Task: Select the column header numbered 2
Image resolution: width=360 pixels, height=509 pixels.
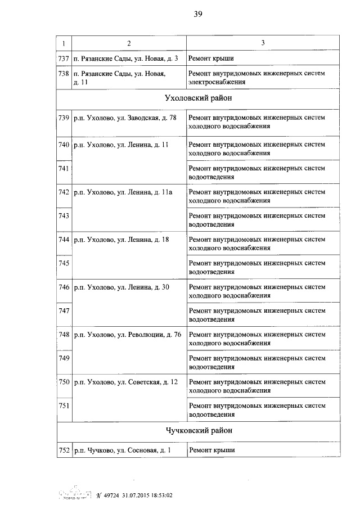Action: pyautogui.click(x=129, y=43)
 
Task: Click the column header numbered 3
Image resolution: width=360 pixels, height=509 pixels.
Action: pyautogui.click(x=263, y=43)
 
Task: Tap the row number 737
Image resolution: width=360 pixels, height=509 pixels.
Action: pyautogui.click(x=64, y=58)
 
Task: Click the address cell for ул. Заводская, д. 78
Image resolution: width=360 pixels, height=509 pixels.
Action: pyautogui.click(x=125, y=118)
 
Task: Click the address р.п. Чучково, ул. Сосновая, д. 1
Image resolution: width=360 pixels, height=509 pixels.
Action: pyautogui.click(x=122, y=450)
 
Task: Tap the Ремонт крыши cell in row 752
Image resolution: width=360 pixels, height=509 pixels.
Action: pyautogui.click(x=211, y=450)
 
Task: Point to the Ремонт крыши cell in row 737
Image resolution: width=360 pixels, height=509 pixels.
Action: pyautogui.click(x=211, y=58)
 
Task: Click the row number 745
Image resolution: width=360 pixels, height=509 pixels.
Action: pyautogui.click(x=64, y=263)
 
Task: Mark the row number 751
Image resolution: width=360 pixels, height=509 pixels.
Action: pyautogui.click(x=64, y=406)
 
